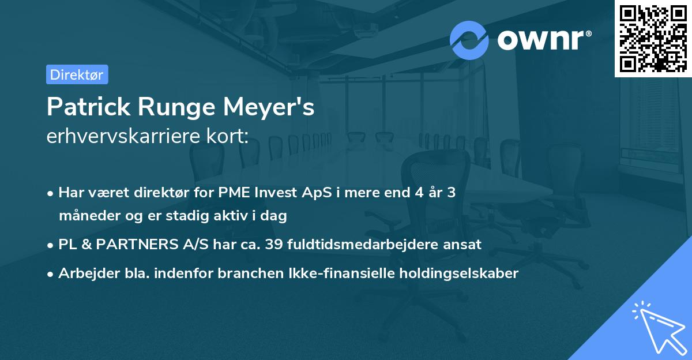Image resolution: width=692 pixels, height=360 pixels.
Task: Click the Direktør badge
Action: pyautogui.click(x=77, y=74)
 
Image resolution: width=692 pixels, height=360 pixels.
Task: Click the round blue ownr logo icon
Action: pyautogui.click(x=469, y=40)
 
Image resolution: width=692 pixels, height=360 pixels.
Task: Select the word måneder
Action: pyautogui.click(x=86, y=216)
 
